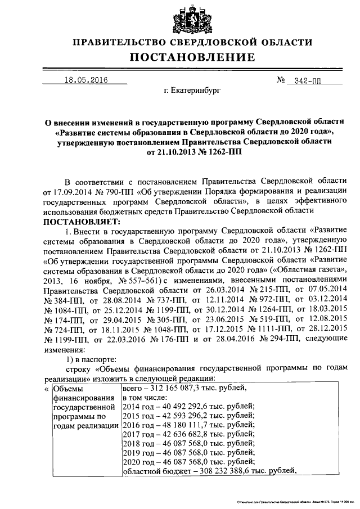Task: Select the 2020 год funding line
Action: pyautogui.click(x=181, y=462)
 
